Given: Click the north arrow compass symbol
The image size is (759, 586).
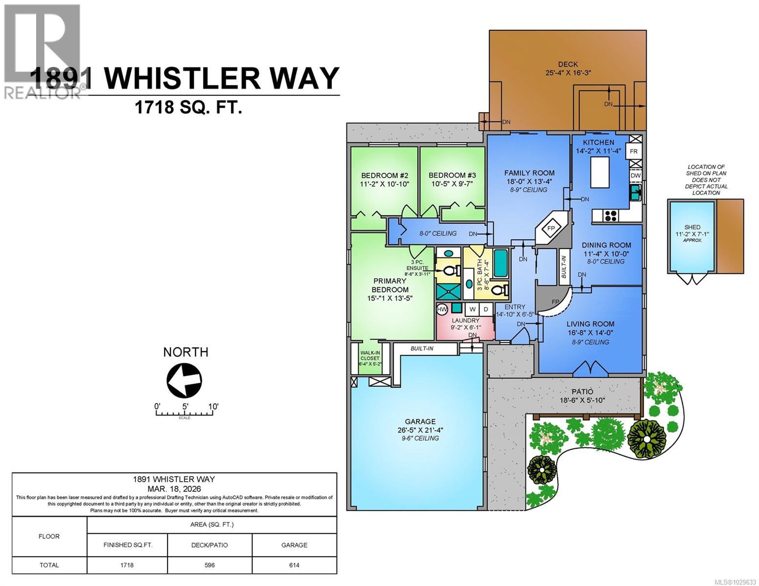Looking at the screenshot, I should tap(184, 379).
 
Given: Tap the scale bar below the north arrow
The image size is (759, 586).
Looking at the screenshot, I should tap(185, 414).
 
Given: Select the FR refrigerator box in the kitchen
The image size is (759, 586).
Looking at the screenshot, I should tap(634, 151).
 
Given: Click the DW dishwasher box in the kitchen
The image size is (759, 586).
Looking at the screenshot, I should tap(635, 175).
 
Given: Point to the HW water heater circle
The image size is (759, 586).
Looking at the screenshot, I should tap(442, 309).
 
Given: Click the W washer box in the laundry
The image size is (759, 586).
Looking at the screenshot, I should tap(472, 309).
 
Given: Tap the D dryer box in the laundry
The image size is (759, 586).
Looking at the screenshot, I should tap(486, 309).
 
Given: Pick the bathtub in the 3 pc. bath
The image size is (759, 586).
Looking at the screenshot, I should tap(500, 263).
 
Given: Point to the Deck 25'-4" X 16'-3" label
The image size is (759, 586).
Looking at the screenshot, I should tap(568, 68).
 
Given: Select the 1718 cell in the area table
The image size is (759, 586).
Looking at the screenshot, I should tap(127, 565).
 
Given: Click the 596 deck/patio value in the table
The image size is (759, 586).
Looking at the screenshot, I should tap(210, 565).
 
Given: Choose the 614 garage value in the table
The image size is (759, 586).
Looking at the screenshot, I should tap(294, 565).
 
